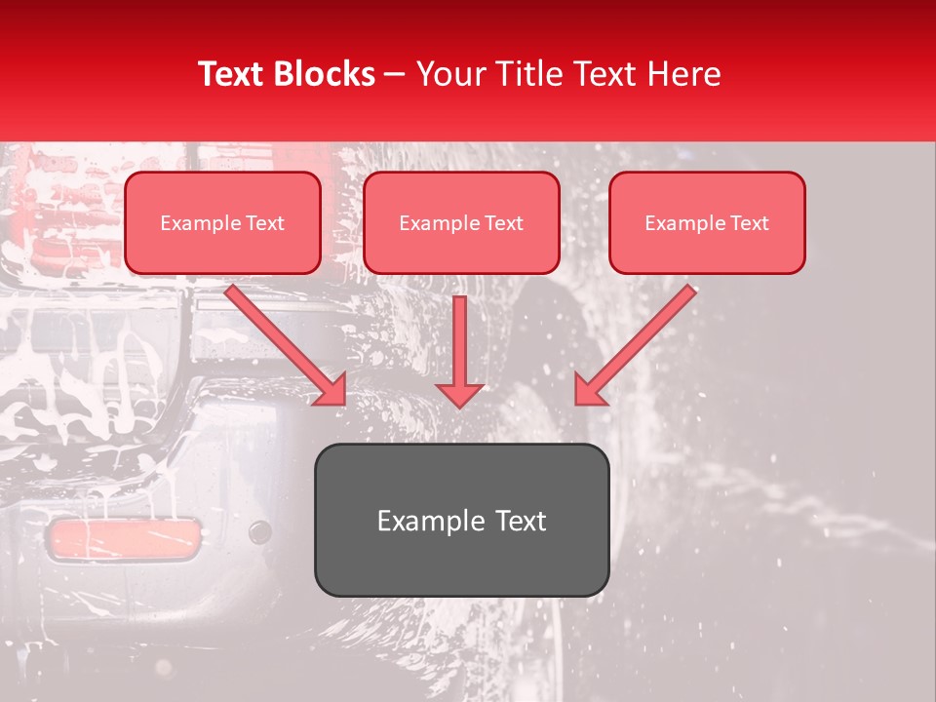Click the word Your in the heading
(x=448, y=74)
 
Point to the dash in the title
(x=395, y=75)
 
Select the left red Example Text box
(x=222, y=223)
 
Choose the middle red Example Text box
(x=461, y=223)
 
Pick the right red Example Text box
(x=707, y=223)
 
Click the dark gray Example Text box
(x=461, y=521)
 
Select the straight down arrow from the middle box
(x=459, y=341)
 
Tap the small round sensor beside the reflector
(x=259, y=532)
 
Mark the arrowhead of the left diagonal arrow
(x=332, y=390)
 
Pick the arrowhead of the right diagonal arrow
(x=589, y=390)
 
